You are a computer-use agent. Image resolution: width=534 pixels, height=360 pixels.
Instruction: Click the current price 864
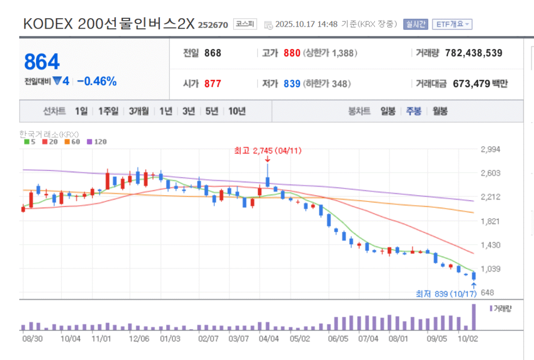tap(42, 62)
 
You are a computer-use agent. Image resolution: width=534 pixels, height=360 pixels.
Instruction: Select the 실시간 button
tap(416, 25)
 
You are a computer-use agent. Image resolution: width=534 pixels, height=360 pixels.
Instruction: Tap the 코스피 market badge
tap(245, 25)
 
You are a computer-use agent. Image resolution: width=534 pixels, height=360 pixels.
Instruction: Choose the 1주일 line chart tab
tap(108, 111)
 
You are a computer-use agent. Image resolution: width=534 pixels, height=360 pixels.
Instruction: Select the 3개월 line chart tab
tap(139, 111)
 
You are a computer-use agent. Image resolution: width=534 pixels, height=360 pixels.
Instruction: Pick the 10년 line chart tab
tap(237, 111)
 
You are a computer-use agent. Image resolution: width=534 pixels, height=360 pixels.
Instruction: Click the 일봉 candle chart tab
tap(388, 111)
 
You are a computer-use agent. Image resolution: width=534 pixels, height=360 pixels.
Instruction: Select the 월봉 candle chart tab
tap(440, 111)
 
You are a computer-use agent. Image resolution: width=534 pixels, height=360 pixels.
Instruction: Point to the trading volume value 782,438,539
tap(474, 53)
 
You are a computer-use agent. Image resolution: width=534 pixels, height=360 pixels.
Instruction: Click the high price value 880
tap(292, 53)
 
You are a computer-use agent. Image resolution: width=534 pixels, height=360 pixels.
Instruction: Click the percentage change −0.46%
tap(97, 81)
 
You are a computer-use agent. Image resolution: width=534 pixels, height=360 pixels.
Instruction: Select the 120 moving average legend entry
tap(96, 141)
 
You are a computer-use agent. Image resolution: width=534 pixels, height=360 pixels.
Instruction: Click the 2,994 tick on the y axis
tap(490, 149)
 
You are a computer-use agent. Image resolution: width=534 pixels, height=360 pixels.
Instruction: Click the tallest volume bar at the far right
tap(474, 317)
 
